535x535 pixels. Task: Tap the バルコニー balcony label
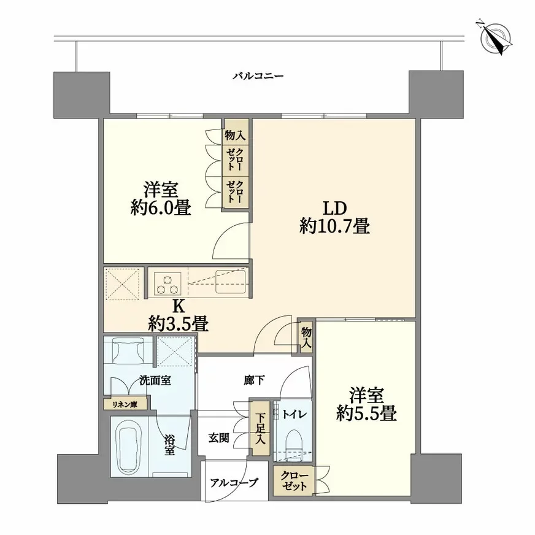click(258, 75)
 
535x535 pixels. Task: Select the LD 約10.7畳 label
click(334, 217)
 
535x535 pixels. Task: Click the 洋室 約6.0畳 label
click(160, 199)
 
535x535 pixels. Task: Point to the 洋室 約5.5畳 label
click(366, 404)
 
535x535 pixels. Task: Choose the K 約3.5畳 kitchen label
click(178, 315)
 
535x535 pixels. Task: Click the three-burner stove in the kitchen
click(167, 283)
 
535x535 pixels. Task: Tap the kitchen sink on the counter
click(231, 282)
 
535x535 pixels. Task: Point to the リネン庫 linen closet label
click(125, 404)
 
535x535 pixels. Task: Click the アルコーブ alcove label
click(234, 482)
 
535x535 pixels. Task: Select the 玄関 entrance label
click(218, 438)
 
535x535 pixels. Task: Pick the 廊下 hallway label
click(254, 380)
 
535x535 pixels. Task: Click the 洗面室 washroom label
click(155, 380)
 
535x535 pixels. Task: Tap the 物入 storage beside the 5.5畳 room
click(306, 337)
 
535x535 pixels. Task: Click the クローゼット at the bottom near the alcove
click(294, 480)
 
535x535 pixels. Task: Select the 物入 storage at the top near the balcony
click(236, 131)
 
